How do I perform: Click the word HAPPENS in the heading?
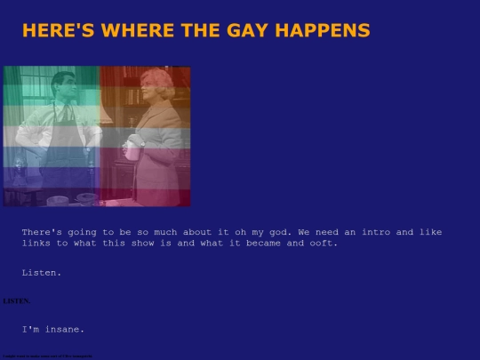tap(324, 30)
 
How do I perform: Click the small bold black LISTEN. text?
tap(15, 301)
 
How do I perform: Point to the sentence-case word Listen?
tap(42, 273)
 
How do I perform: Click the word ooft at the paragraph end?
tap(324, 244)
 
